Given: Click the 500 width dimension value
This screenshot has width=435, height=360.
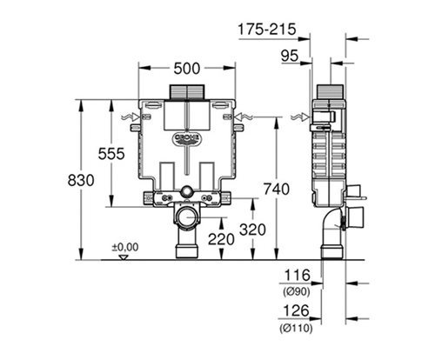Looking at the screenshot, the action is pyautogui.click(x=187, y=69).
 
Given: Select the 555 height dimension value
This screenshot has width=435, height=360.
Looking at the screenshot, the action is pyautogui.click(x=111, y=154).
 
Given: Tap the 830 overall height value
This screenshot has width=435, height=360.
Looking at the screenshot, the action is pyautogui.click(x=81, y=180).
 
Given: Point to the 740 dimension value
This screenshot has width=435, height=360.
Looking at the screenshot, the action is pyautogui.click(x=277, y=189).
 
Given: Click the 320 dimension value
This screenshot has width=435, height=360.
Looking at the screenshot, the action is pyautogui.click(x=252, y=230).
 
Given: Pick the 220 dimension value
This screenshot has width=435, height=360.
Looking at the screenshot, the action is pyautogui.click(x=221, y=239).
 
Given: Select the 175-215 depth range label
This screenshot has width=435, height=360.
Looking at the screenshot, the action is pyautogui.click(x=267, y=30).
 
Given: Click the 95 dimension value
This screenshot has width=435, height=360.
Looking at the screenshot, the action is pyautogui.click(x=290, y=56).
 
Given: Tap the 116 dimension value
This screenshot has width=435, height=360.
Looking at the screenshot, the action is pyautogui.click(x=297, y=275).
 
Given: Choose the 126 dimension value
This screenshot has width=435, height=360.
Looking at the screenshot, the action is pyautogui.click(x=296, y=311).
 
